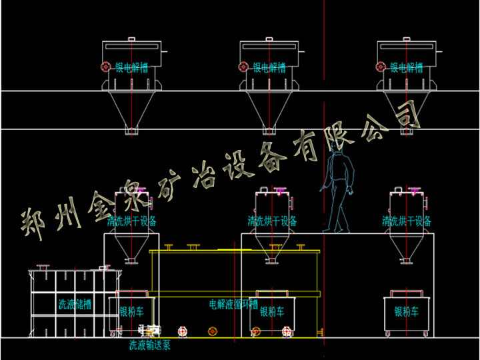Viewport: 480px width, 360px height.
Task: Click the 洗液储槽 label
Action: pos(75,305)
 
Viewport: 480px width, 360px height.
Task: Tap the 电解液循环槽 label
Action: pos(233,304)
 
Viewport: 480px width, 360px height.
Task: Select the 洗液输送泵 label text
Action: pos(151,345)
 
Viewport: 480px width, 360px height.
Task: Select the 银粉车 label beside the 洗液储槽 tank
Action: pos(131,311)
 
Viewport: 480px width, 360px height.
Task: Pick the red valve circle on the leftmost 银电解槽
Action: pos(105,67)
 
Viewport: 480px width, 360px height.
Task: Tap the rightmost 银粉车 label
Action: pos(407,311)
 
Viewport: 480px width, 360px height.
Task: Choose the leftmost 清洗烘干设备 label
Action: pos(133,221)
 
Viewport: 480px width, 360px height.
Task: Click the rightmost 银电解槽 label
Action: pos(407,67)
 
